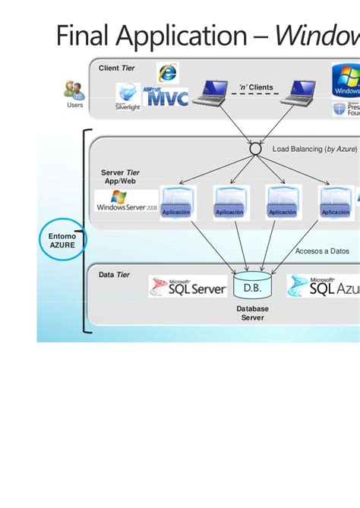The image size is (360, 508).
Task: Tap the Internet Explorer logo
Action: pyautogui.click(x=167, y=73)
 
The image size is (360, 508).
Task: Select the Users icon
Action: pyautogui.click(x=74, y=91)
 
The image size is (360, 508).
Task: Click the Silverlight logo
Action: pyautogui.click(x=128, y=97)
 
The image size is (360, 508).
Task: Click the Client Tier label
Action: pyautogui.click(x=116, y=68)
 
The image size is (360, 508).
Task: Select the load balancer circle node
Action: pyautogui.click(x=254, y=150)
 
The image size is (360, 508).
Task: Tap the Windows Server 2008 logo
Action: pyautogui.click(x=127, y=202)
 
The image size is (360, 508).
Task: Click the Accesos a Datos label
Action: pyautogui.click(x=322, y=251)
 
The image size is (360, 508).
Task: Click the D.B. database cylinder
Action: pyautogui.click(x=252, y=288)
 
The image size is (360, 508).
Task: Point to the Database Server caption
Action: pyautogui.click(x=252, y=313)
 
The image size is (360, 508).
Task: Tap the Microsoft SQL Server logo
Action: pyautogui.click(x=188, y=286)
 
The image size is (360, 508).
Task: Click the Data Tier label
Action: pyautogui.click(x=114, y=275)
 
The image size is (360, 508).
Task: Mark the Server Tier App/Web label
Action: pyautogui.click(x=120, y=177)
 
